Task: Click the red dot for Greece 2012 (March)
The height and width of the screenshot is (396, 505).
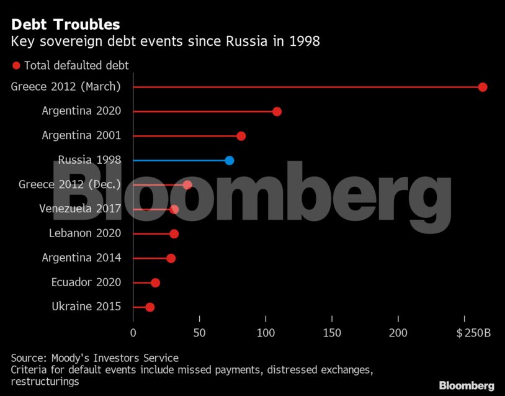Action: click(x=483, y=87)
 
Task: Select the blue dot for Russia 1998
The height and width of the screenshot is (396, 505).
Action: click(x=229, y=160)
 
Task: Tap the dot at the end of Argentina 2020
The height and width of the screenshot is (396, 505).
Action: click(x=277, y=112)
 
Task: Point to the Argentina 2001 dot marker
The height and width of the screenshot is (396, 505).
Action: click(x=241, y=136)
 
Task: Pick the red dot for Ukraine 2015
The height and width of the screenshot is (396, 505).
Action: click(x=150, y=307)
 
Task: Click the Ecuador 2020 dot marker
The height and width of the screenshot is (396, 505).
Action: click(x=155, y=283)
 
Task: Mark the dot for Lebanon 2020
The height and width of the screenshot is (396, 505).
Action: click(x=174, y=234)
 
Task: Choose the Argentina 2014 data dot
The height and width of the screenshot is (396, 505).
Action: click(x=171, y=258)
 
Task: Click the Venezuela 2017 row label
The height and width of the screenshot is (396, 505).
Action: click(x=80, y=209)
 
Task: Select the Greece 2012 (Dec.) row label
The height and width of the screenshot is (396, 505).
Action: click(x=70, y=184)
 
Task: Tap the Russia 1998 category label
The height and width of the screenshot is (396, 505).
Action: click(x=89, y=160)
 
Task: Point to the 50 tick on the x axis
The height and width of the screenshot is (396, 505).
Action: click(x=199, y=333)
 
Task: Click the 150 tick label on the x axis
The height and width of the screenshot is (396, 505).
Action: click(x=332, y=333)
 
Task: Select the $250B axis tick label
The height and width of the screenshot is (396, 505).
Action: click(x=473, y=333)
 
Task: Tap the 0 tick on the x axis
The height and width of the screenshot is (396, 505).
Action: click(x=133, y=333)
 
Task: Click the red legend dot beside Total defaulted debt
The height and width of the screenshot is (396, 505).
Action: click(x=16, y=65)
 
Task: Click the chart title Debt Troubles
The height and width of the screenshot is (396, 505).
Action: click(x=65, y=25)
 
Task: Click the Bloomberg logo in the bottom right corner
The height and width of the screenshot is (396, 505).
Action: click(x=467, y=385)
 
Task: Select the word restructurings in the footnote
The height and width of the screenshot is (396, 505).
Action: click(x=45, y=382)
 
